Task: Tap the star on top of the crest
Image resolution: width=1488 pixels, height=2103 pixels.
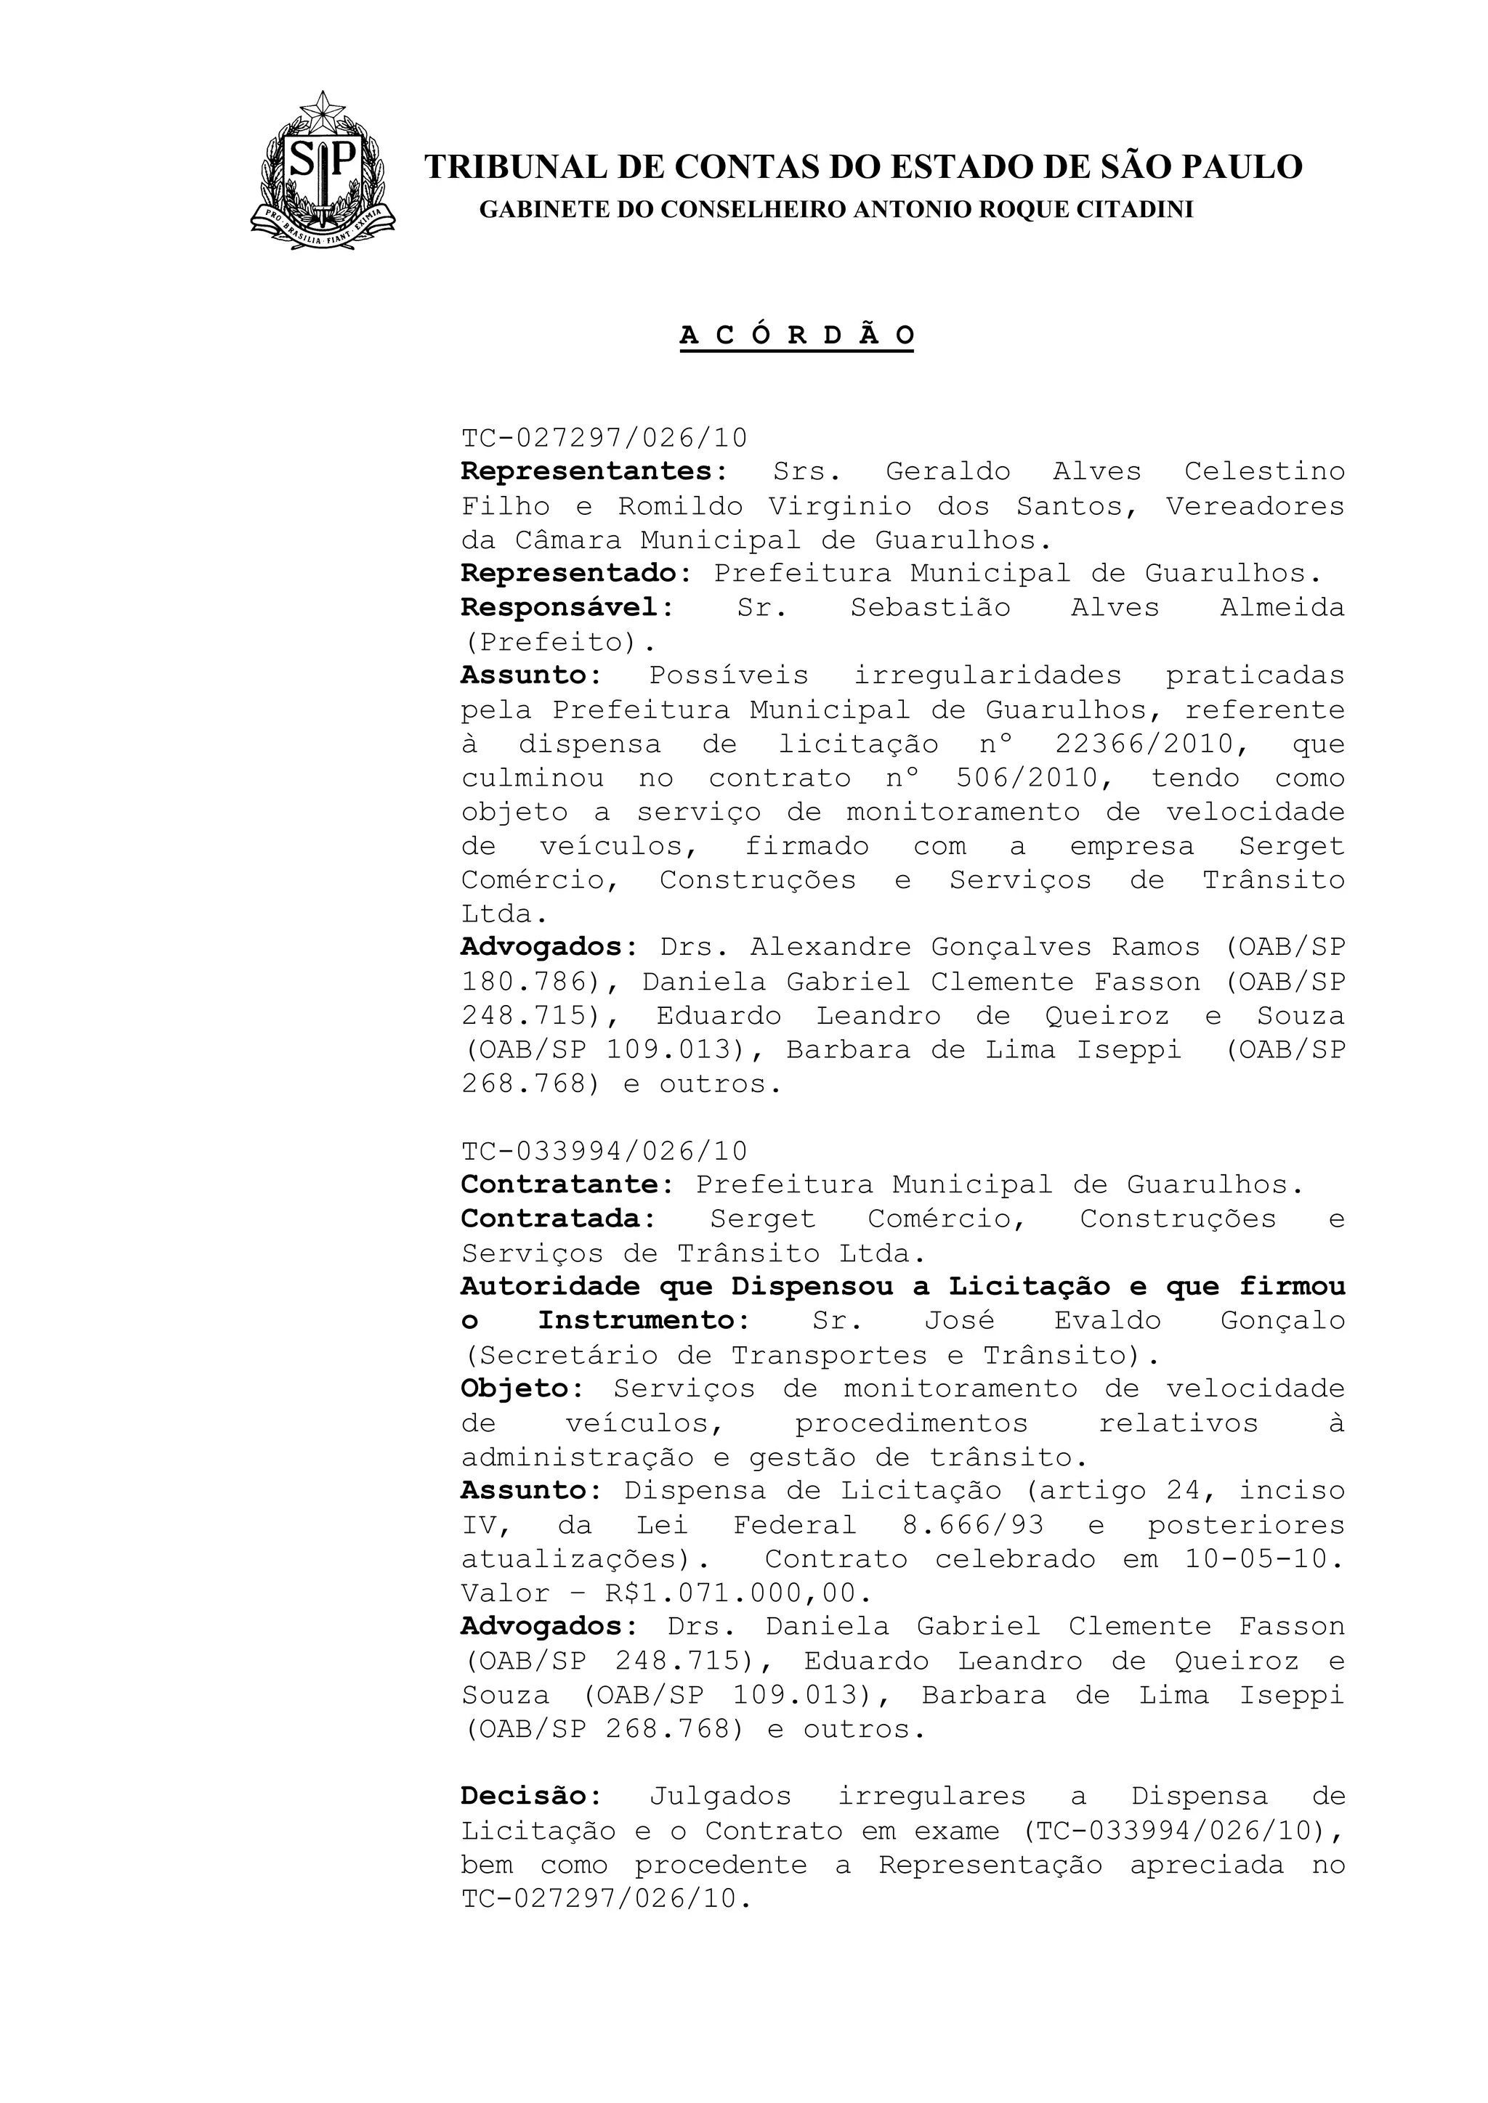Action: click(323, 113)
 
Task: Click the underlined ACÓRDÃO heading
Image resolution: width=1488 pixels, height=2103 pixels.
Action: click(796, 336)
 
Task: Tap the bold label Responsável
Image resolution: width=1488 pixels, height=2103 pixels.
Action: click(561, 607)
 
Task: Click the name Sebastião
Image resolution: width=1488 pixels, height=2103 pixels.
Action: click(929, 607)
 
